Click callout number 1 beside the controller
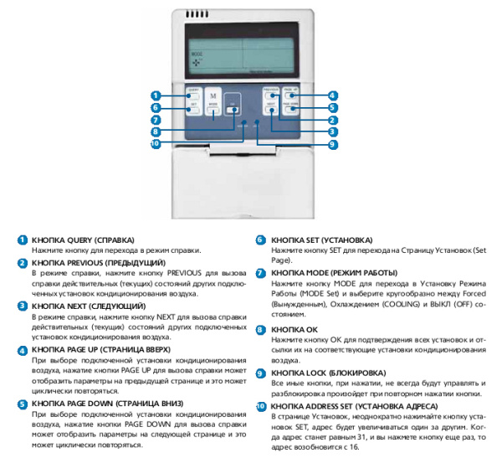[156, 95]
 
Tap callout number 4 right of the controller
[333, 95]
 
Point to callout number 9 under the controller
[333, 144]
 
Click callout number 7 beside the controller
[156, 120]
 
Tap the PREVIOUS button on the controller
[270, 95]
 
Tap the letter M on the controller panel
[213, 97]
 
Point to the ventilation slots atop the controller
[197, 15]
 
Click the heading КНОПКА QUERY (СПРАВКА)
[83, 239]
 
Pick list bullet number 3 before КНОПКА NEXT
[23, 307]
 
